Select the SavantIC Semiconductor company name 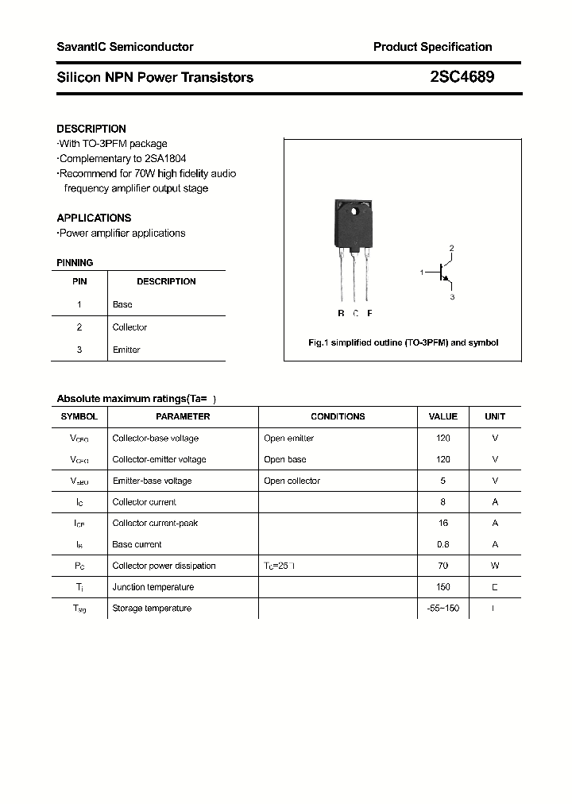(x=125, y=47)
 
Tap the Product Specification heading (x=432, y=47)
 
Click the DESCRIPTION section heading (x=91, y=129)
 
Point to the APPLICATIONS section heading (x=94, y=218)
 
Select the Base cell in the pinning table (x=122, y=304)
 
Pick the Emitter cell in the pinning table (x=126, y=350)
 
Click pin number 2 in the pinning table (x=79, y=327)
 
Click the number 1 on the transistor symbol (x=422, y=273)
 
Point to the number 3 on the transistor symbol (x=452, y=297)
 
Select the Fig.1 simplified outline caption (x=403, y=342)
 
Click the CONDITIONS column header (x=338, y=416)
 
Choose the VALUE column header (x=443, y=416)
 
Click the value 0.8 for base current (x=443, y=545)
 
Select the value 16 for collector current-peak (x=443, y=524)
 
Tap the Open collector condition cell (x=292, y=481)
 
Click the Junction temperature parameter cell (x=153, y=587)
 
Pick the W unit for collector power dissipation (x=494, y=566)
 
